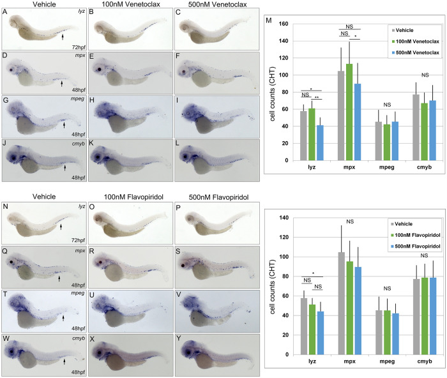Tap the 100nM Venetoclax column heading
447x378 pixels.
coord(123,6)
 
